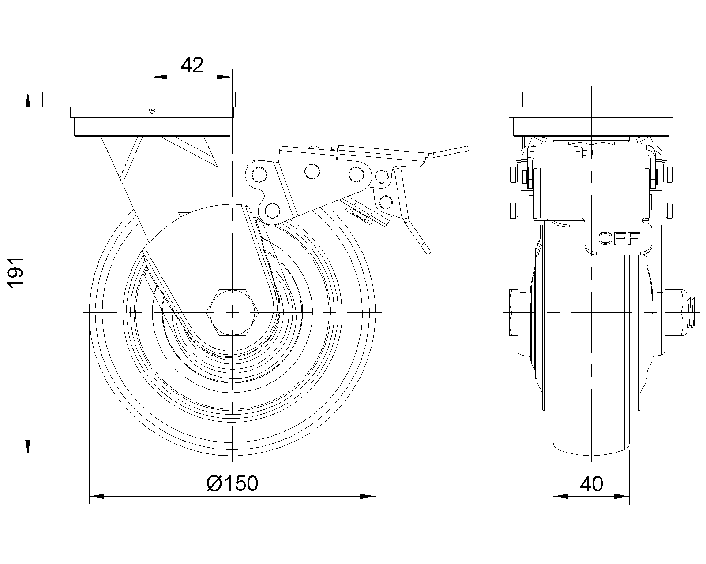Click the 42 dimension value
(x=192, y=65)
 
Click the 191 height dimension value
(x=16, y=273)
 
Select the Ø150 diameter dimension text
(x=232, y=484)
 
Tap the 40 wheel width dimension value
(x=592, y=484)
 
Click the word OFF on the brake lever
(x=619, y=238)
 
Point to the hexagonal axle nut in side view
(x=232, y=313)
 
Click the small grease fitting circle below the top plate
(x=151, y=111)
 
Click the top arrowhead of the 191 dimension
(x=28, y=99)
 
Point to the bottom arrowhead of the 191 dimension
(x=28, y=448)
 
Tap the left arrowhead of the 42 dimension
(x=159, y=77)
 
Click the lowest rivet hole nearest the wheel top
(x=272, y=210)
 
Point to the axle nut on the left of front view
(x=514, y=312)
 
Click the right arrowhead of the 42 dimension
(x=225, y=77)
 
